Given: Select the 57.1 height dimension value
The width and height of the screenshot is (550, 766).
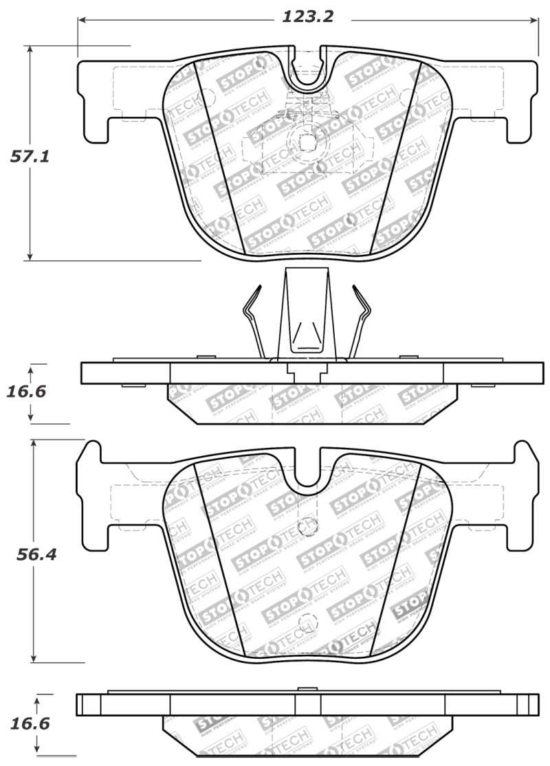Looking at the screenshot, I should click(x=30, y=156).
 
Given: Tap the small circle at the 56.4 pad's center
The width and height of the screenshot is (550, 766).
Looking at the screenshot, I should click(x=307, y=527).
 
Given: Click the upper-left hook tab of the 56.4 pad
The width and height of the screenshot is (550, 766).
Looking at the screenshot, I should click(x=91, y=455).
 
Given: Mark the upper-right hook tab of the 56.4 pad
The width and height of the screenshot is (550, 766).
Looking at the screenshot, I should click(x=524, y=455).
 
